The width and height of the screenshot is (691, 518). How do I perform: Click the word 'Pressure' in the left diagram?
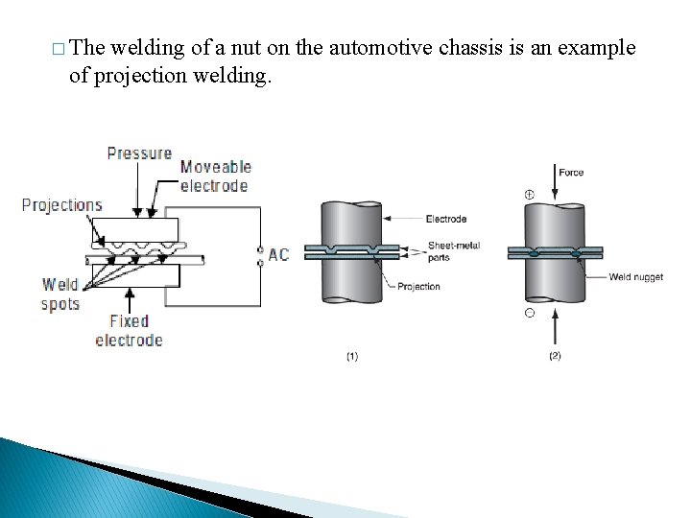(x=139, y=153)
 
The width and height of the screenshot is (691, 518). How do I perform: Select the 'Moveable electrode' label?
(x=214, y=177)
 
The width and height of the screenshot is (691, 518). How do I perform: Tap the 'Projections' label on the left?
(x=61, y=204)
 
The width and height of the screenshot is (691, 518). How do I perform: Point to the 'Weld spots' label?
(x=60, y=294)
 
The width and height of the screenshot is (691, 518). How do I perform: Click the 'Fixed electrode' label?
(x=129, y=331)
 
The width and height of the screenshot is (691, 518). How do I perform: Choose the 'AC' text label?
(x=278, y=254)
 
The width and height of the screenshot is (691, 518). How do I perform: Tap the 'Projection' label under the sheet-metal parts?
(x=418, y=286)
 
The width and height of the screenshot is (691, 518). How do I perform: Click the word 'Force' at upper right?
(x=571, y=173)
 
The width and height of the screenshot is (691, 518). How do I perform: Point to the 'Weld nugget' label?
(x=635, y=277)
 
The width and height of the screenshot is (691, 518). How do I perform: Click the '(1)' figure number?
(x=352, y=356)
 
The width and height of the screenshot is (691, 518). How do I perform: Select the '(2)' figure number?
(x=555, y=356)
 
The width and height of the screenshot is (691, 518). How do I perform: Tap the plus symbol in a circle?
(x=529, y=196)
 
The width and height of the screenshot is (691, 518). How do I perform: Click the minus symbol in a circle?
(x=529, y=314)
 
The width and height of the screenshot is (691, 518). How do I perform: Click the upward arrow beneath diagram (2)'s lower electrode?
(x=556, y=332)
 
